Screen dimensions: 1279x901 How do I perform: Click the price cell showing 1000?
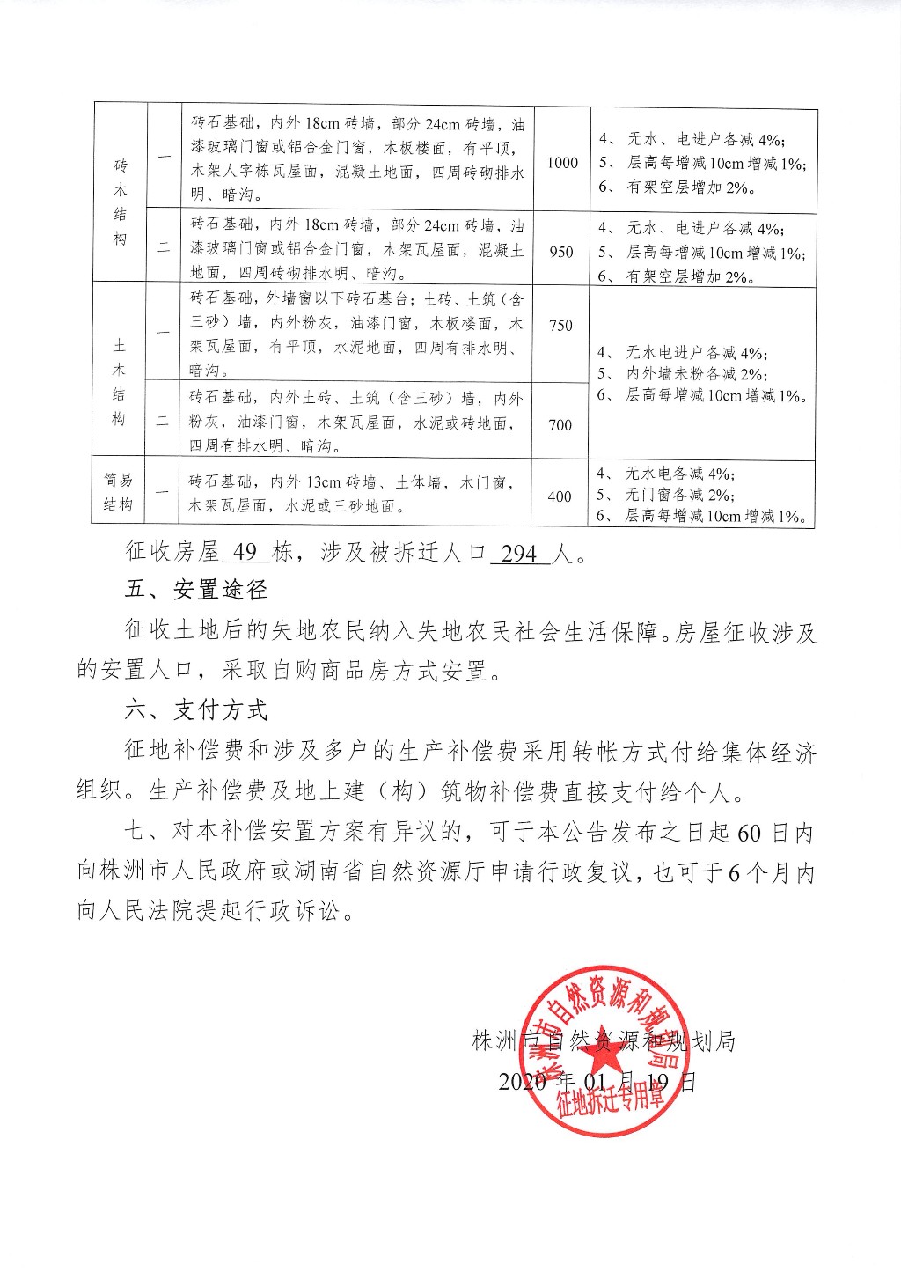(x=562, y=163)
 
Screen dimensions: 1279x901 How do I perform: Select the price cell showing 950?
(x=561, y=252)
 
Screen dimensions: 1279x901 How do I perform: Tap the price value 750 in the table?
(x=560, y=326)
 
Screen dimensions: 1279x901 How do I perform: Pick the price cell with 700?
(x=560, y=425)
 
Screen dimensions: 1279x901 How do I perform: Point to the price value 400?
(x=560, y=496)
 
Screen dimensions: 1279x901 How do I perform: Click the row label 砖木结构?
(x=121, y=202)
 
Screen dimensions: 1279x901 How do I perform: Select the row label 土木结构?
(x=119, y=381)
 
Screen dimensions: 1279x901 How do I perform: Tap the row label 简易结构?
(x=118, y=493)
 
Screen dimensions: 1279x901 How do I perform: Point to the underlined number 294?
(x=519, y=553)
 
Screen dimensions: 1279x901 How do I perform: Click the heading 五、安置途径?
(x=195, y=590)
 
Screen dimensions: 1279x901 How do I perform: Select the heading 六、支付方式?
(x=195, y=710)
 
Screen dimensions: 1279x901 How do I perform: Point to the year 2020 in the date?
(x=523, y=1081)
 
